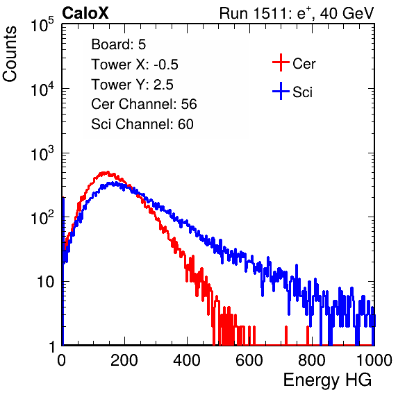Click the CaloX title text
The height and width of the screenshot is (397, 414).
[x=85, y=13]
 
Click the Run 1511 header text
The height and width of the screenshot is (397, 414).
[x=297, y=13]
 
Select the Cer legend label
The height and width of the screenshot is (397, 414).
[x=304, y=64]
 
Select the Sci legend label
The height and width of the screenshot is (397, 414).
[x=302, y=92]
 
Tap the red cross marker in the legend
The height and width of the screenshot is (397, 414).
[x=281, y=62]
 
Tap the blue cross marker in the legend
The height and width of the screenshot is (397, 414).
[x=281, y=92]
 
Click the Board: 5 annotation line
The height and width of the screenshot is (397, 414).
[x=119, y=44]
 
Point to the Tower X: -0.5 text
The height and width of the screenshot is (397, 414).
[x=135, y=65]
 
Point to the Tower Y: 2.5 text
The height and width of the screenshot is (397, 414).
[x=132, y=85]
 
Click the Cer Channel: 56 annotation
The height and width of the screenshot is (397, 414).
[x=144, y=104]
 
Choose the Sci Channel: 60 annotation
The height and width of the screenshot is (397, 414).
[x=142, y=124]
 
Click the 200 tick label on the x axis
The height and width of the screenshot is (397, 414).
[x=124, y=360]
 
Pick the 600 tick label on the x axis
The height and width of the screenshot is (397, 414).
[x=249, y=360]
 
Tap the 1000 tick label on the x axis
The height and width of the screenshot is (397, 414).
[x=374, y=360]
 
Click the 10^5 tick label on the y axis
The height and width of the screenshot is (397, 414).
[x=42, y=25]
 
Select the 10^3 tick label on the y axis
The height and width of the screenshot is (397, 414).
[x=42, y=153]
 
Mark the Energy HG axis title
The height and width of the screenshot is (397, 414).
[x=327, y=380]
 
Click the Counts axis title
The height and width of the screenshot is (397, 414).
[x=10, y=54]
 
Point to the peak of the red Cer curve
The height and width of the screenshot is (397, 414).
[x=107, y=172]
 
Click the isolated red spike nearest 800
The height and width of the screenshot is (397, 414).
[x=308, y=335]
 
